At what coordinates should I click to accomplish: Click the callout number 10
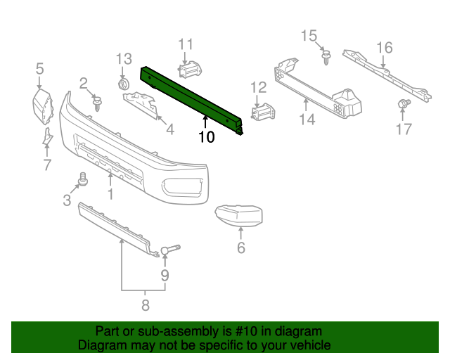click(x=206, y=136)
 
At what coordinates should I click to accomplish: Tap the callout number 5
click(x=39, y=68)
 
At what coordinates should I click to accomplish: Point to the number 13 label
click(x=124, y=58)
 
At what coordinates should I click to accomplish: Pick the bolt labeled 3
click(x=82, y=181)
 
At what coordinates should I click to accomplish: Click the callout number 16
click(x=384, y=48)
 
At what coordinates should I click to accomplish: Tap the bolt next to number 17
click(x=404, y=105)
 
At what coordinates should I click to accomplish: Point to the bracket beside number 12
click(x=263, y=112)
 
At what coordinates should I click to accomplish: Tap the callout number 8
click(x=146, y=305)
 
